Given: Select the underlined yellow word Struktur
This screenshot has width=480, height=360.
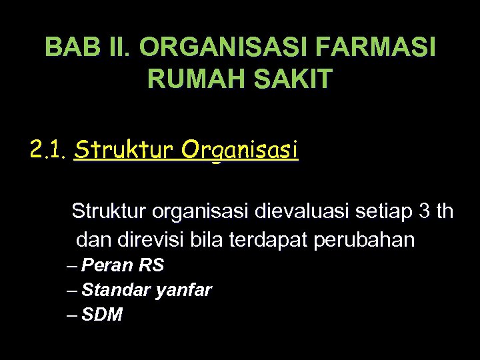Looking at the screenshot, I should (124, 151).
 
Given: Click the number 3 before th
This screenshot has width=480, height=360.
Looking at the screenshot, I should (425, 212).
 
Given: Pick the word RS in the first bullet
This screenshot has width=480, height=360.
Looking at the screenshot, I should (151, 265).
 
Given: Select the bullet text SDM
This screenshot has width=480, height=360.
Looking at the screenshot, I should (102, 315).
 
